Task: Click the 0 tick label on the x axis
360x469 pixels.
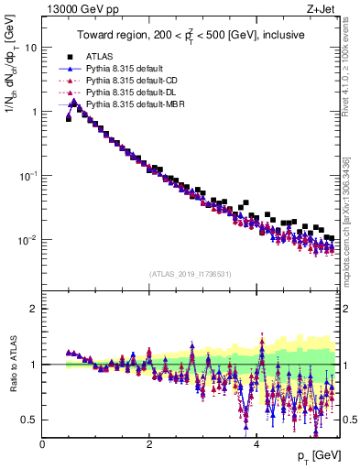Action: pos(42,444)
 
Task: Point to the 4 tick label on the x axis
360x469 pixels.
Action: pos(257,444)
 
